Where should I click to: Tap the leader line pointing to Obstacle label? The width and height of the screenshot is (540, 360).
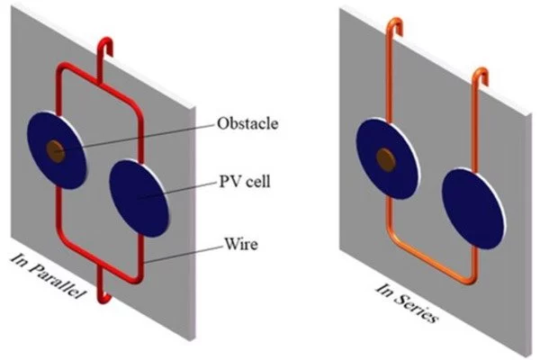click(135, 134)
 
